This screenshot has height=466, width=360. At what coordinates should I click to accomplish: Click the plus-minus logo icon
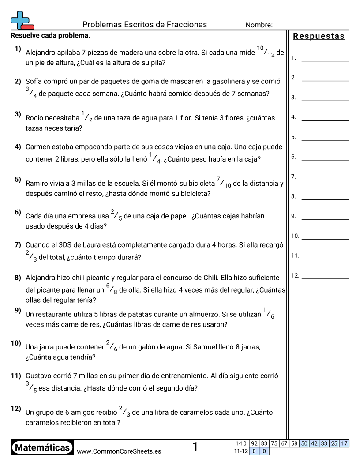(x=21, y=20)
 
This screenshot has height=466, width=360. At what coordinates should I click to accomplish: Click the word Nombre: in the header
(x=259, y=25)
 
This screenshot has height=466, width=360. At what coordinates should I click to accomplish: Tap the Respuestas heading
(x=319, y=36)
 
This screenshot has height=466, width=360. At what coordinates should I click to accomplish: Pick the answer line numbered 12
(x=325, y=278)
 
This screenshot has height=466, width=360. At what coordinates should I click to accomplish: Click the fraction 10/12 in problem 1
(x=265, y=52)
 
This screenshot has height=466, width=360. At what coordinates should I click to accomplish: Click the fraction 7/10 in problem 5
(x=224, y=182)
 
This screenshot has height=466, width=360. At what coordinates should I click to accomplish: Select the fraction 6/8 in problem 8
(x=112, y=289)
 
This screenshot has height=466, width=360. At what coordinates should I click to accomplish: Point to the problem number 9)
(x=18, y=310)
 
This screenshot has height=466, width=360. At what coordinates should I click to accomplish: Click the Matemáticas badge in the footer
(x=42, y=447)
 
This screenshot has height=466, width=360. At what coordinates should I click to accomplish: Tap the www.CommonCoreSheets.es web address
(x=119, y=451)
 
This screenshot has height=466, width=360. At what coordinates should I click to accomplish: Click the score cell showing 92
(x=254, y=443)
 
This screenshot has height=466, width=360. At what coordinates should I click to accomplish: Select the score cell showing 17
(x=345, y=443)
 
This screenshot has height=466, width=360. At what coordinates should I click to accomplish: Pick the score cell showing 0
(x=264, y=451)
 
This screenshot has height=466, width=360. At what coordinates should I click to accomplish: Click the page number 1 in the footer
(x=195, y=447)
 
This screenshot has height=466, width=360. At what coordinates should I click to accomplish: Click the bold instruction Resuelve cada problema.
(x=50, y=35)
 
